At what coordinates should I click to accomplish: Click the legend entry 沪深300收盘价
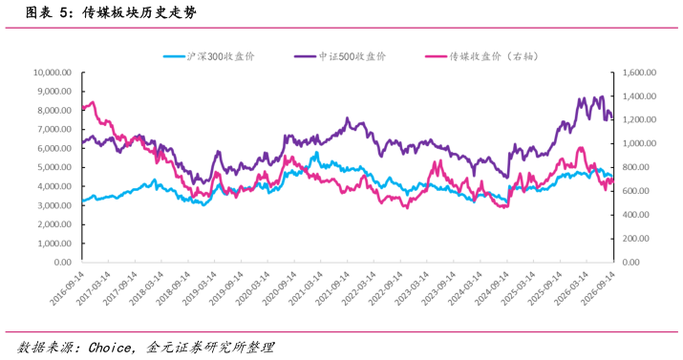(x=209, y=56)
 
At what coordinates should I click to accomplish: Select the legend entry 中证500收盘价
(x=340, y=56)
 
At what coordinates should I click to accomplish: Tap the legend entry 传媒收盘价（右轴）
(x=482, y=56)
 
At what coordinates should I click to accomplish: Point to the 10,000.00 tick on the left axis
(x=53, y=73)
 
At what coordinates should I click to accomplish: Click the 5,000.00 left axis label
(x=54, y=167)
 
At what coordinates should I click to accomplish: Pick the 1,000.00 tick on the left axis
(x=54, y=244)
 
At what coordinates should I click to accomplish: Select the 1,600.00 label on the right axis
(x=639, y=73)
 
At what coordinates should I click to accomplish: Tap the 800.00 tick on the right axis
(x=643, y=167)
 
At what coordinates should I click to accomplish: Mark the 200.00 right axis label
(x=643, y=239)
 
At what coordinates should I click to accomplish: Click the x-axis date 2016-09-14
(x=68, y=287)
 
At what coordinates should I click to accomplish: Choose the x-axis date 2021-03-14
(x=307, y=287)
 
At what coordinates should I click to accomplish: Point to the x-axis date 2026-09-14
(x=599, y=287)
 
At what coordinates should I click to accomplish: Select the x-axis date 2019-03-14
(x=201, y=287)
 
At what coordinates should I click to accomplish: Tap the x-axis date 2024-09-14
(x=493, y=287)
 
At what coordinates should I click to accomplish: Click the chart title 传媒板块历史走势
(x=139, y=12)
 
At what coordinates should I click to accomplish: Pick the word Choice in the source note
(x=110, y=348)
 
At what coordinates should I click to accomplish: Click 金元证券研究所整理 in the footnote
(x=209, y=348)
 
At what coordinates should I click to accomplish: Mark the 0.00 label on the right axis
(x=646, y=262)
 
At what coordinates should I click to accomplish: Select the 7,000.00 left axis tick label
(x=54, y=129)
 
